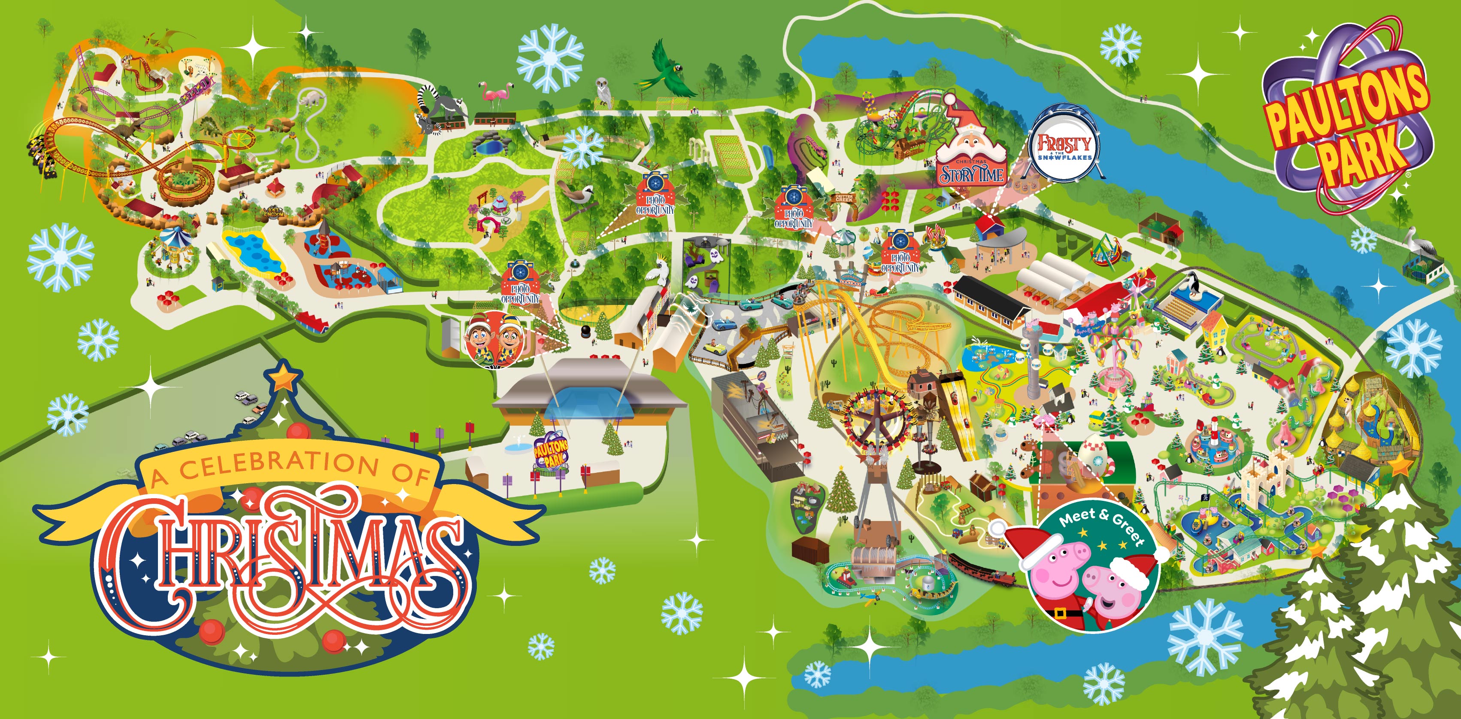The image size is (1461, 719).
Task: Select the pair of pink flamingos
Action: (497, 95)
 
